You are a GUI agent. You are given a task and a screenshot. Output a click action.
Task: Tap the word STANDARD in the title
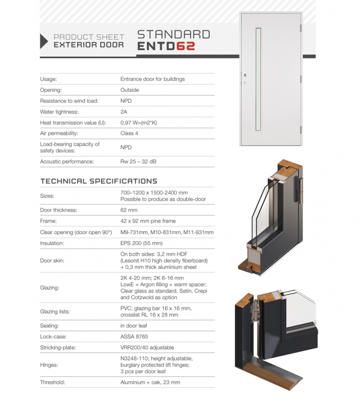174,34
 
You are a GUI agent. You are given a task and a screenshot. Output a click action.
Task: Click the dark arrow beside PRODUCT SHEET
44,41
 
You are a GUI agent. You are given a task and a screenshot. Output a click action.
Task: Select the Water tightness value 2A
123,112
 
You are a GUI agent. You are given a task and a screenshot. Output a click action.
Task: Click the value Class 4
129,133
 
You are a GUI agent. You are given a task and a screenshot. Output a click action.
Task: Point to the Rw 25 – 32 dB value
138,162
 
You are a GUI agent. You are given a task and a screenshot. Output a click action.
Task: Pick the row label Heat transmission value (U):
73,123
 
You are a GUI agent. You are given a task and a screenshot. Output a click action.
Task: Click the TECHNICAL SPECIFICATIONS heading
99,181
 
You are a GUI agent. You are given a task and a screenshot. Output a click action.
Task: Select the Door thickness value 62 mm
129,210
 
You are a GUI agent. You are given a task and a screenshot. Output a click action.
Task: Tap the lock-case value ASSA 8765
134,337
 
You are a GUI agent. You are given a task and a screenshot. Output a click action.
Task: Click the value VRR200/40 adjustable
147,347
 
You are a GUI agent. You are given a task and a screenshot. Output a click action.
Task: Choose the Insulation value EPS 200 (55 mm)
141,243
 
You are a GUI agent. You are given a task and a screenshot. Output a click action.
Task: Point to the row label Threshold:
53,382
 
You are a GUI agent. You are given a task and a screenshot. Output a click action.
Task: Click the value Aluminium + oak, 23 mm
150,382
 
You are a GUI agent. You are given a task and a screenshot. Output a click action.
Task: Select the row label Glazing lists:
55,311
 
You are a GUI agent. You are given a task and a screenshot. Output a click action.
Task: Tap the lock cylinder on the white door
244,75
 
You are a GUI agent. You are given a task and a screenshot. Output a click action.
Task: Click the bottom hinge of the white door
301,129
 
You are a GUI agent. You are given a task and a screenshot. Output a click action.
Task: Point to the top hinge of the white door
301,28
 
